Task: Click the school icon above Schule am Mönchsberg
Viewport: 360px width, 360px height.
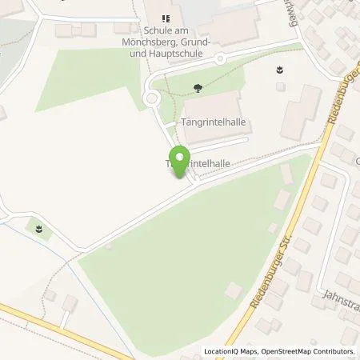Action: (166, 18)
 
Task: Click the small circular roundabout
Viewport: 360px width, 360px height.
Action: (150, 99)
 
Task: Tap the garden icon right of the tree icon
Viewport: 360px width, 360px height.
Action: (279, 70)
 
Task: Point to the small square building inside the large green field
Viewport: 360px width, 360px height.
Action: (233, 290)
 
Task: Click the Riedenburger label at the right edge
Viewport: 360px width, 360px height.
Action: (343, 105)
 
